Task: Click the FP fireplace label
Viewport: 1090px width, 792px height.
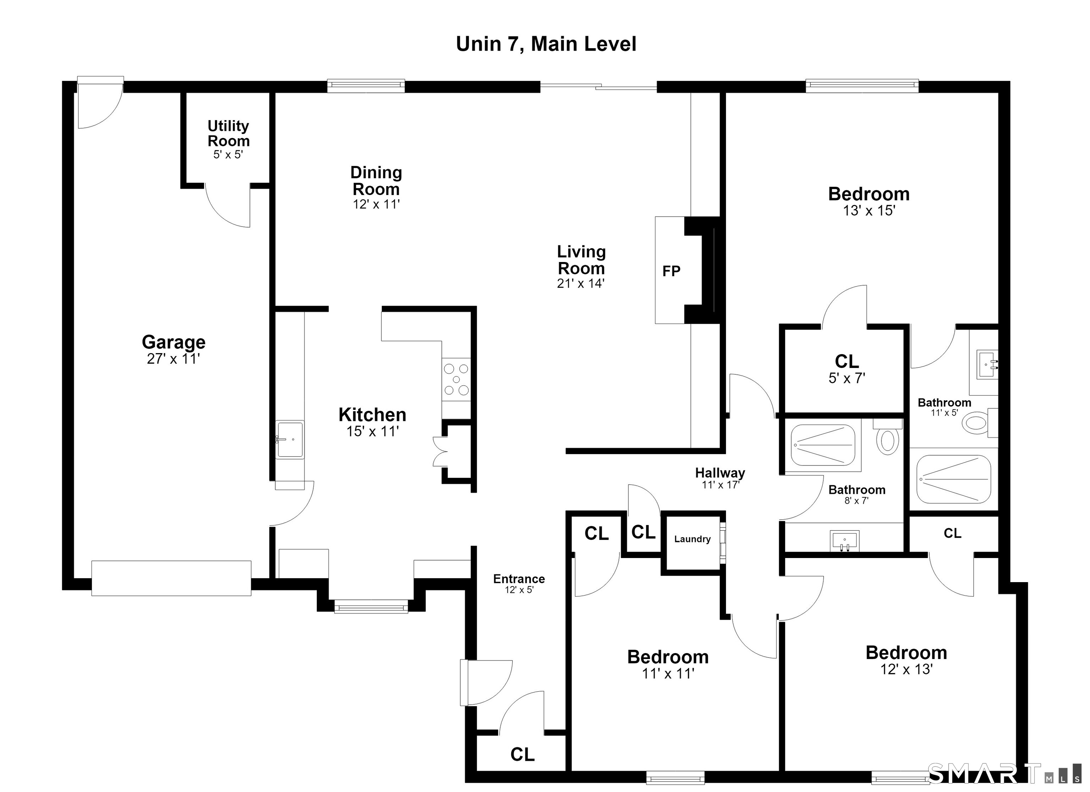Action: (x=671, y=271)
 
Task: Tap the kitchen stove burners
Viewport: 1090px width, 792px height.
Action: (x=456, y=379)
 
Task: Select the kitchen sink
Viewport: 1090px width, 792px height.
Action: (x=290, y=440)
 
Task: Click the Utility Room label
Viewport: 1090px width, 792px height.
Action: (x=228, y=134)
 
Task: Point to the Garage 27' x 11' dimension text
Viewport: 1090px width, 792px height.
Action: (x=174, y=359)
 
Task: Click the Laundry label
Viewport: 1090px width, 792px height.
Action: (x=692, y=539)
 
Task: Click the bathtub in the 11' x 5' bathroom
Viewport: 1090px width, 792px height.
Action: (x=954, y=479)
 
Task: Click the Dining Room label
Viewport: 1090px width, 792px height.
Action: (x=376, y=180)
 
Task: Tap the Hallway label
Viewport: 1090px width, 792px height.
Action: (x=720, y=473)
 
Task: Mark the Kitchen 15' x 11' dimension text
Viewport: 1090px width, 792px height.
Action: (x=373, y=431)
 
